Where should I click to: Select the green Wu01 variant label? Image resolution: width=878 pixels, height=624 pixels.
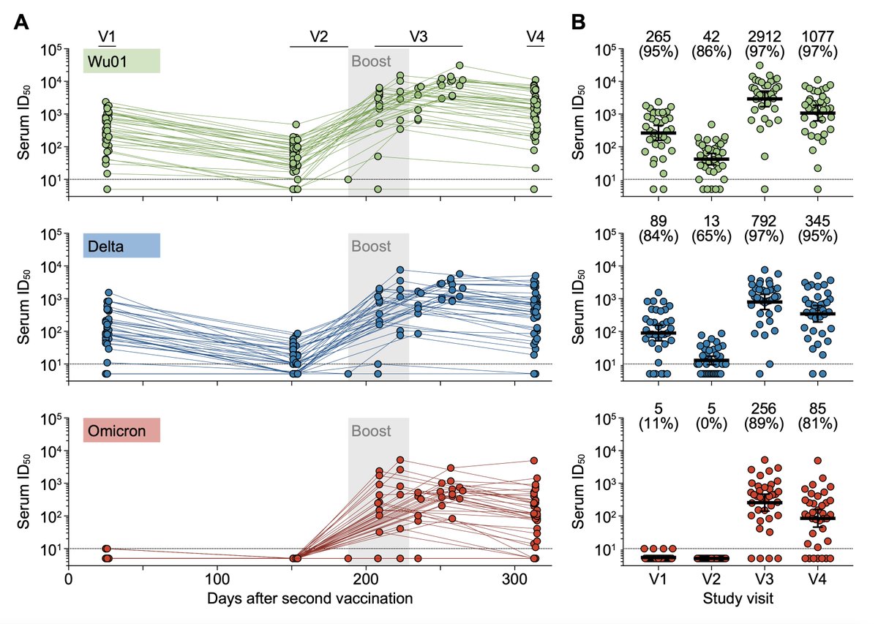coord(121,61)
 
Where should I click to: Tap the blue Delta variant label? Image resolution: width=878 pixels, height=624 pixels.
coord(121,245)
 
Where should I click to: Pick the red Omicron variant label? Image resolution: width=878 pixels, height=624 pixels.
coord(121,431)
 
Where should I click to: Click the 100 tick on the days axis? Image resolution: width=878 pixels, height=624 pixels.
coord(217,579)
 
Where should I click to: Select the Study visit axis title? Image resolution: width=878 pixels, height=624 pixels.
coord(735,598)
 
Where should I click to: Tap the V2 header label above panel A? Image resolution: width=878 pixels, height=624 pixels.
coord(319,37)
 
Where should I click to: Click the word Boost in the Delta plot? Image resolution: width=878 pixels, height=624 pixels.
coord(371,245)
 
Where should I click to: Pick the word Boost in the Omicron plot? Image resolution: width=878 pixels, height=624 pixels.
coord(371,430)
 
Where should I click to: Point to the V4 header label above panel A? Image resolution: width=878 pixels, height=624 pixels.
coord(536,37)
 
